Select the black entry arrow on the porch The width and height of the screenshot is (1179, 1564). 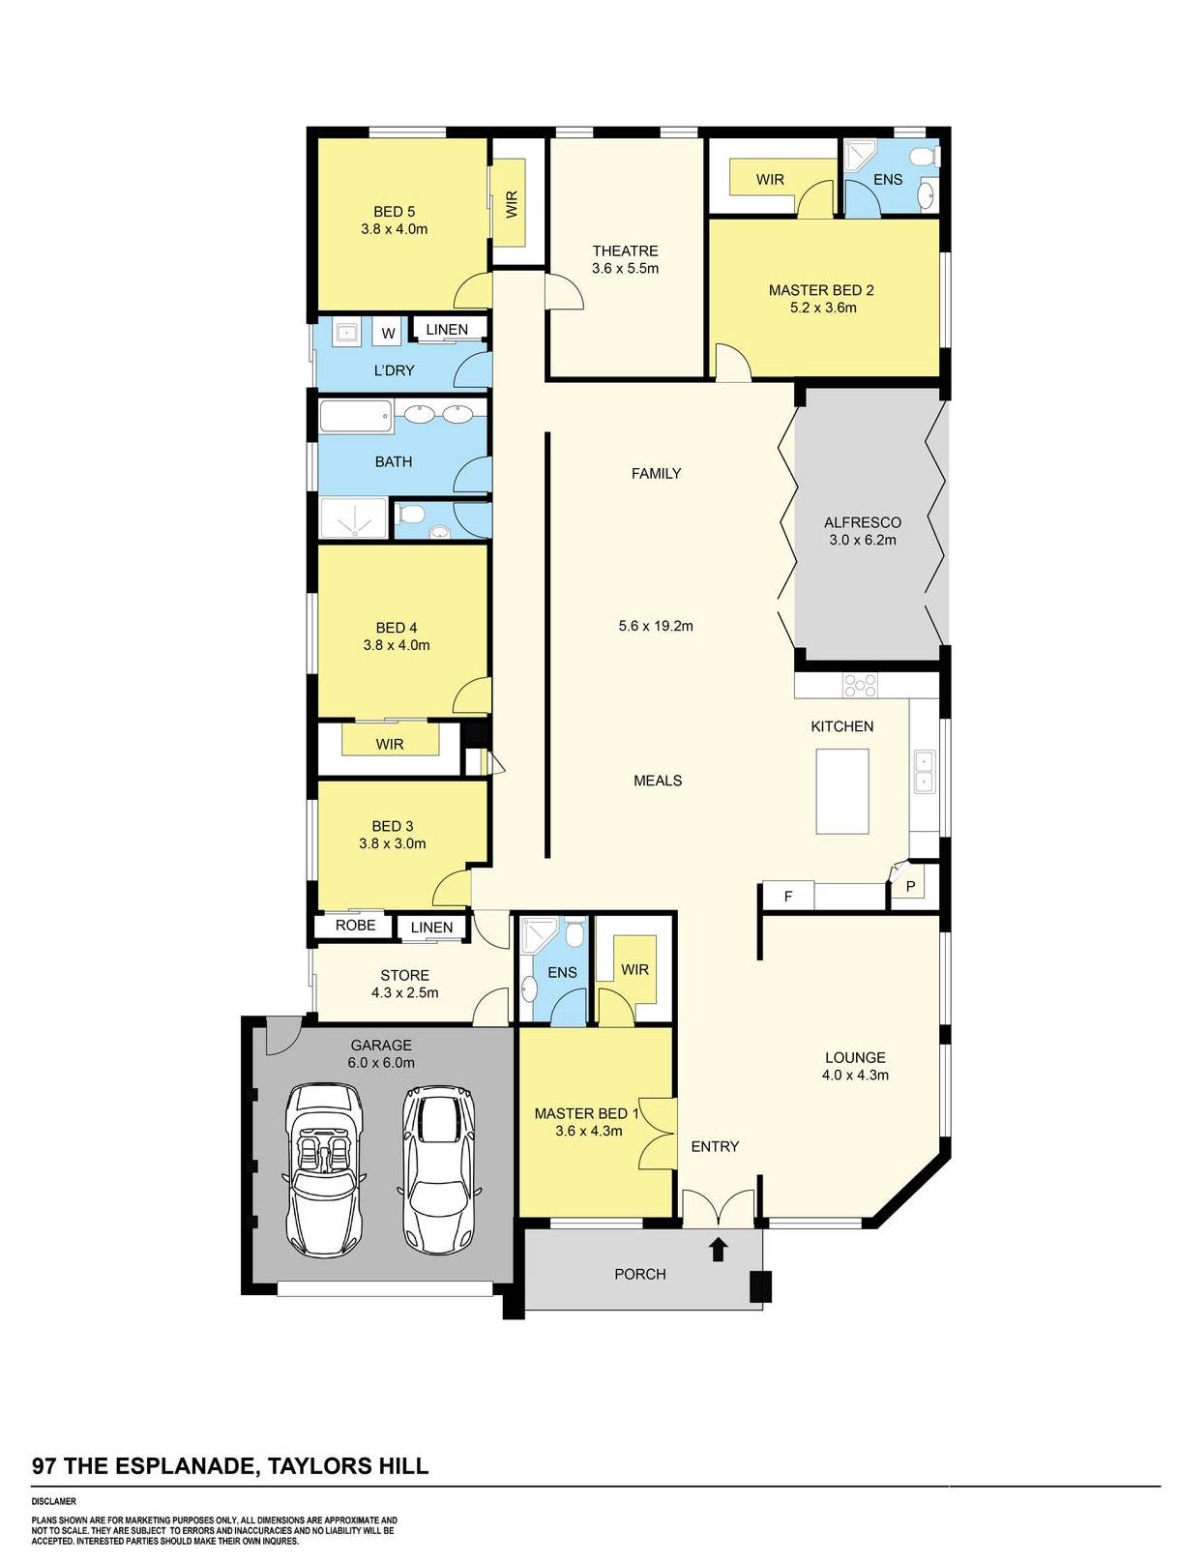click(x=718, y=1250)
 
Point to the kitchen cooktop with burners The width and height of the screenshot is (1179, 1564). click(x=860, y=686)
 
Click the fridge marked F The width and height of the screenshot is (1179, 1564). click(x=788, y=897)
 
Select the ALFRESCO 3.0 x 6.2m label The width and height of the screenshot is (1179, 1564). click(x=862, y=531)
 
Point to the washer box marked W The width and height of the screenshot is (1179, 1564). click(x=389, y=334)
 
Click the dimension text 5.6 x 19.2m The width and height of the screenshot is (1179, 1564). click(x=656, y=626)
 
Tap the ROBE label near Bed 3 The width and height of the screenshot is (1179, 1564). click(x=355, y=926)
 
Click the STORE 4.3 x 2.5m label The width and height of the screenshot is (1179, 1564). click(x=404, y=984)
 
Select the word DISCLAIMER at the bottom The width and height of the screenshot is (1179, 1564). click(x=53, y=1502)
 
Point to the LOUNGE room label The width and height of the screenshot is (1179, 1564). click(x=855, y=1058)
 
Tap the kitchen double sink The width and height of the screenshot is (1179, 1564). click(x=924, y=770)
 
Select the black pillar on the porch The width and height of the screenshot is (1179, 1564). click(x=762, y=1286)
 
